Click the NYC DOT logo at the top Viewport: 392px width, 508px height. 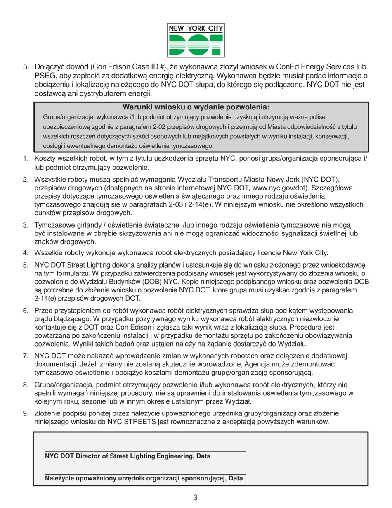point(196,40)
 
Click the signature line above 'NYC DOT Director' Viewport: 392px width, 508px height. point(145,451)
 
